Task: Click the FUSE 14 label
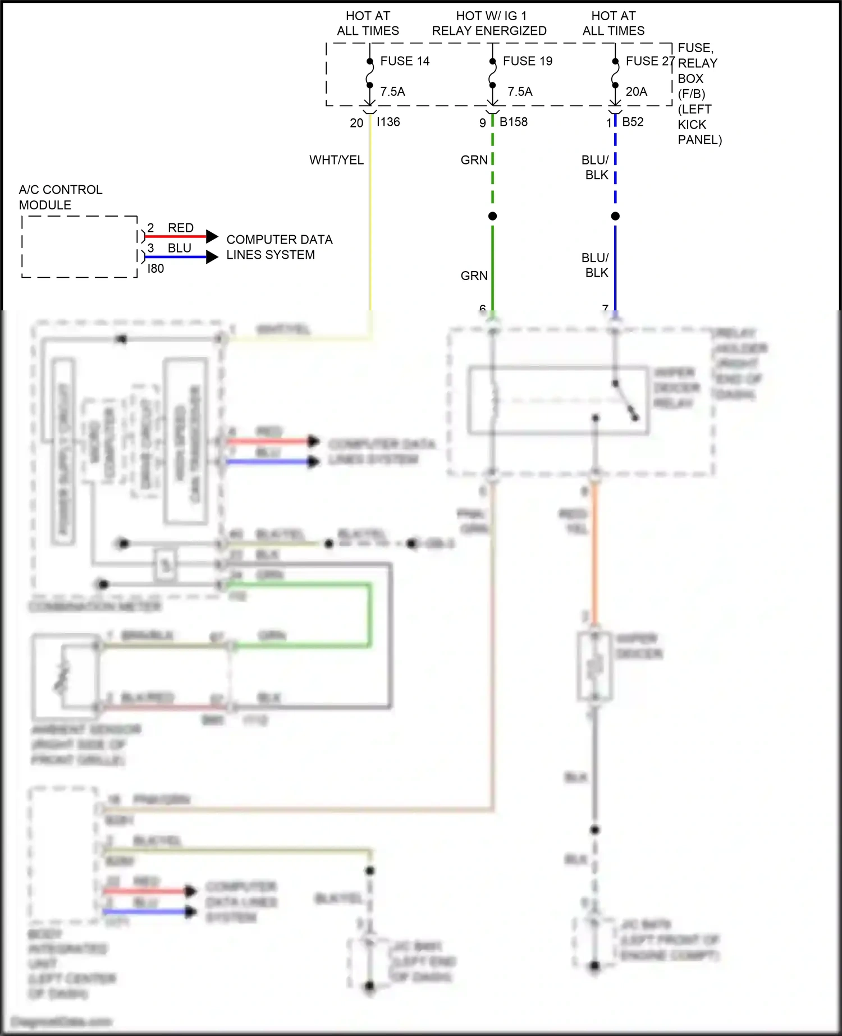(405, 61)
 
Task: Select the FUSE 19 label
(527, 61)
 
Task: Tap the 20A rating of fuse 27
(636, 91)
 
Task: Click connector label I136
(388, 122)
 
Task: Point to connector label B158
(513, 122)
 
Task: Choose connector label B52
(633, 122)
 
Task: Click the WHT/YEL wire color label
(336, 160)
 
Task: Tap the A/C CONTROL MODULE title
(61, 197)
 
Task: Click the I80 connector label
(155, 269)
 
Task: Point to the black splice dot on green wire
(492, 216)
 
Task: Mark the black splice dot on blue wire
(615, 216)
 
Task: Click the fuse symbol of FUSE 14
(369, 74)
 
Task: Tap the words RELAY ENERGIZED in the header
(489, 31)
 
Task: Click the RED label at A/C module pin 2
(180, 228)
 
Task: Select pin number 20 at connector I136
(356, 123)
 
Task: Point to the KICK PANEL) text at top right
(699, 132)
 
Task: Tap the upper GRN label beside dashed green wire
(474, 160)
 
